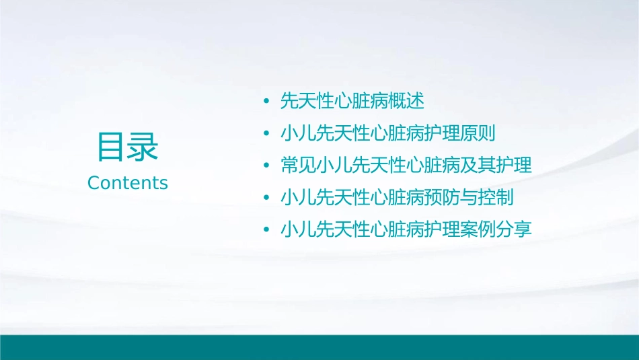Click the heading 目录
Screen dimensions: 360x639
point(128,146)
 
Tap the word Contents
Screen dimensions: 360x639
point(128,183)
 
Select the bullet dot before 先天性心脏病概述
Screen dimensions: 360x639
point(267,102)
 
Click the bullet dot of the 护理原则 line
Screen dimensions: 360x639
point(267,133)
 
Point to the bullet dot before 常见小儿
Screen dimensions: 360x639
point(267,166)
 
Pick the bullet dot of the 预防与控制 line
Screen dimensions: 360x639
point(267,197)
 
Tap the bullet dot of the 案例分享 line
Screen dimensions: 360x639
point(267,229)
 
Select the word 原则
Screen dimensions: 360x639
point(477,133)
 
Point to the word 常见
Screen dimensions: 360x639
point(298,166)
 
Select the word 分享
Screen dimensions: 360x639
point(513,229)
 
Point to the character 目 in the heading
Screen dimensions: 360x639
point(112,146)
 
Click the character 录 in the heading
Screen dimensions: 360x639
point(143,146)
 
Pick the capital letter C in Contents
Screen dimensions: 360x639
point(93,183)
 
